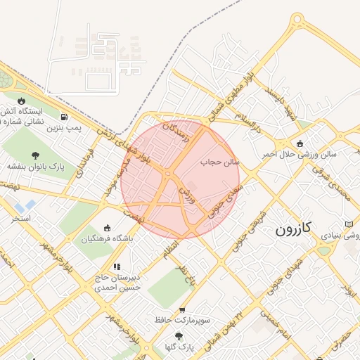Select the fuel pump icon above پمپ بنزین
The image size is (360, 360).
point(65,117)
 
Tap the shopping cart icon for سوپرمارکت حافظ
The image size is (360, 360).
point(183,309)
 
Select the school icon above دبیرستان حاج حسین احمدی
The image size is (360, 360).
point(117,266)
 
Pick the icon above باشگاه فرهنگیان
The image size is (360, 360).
point(107,227)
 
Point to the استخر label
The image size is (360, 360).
point(21,219)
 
